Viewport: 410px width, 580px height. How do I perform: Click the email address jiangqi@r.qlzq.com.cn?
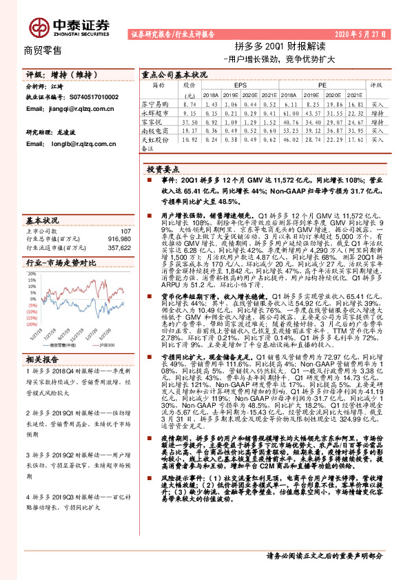click(72, 108)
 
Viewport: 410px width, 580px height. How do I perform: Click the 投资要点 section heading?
click(163, 169)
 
